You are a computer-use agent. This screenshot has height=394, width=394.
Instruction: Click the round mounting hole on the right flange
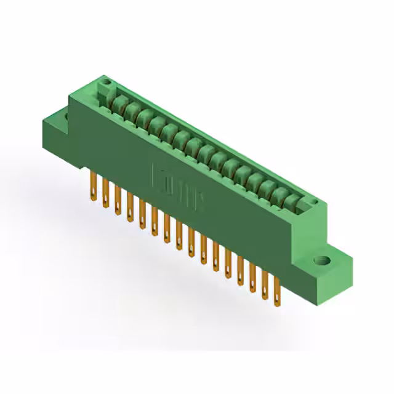click(321, 261)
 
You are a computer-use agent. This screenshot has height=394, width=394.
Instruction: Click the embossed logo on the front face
click(179, 183)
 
